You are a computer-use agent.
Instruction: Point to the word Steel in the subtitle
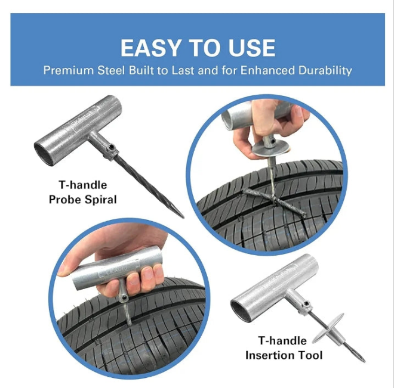[111, 70]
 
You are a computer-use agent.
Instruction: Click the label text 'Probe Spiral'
[82, 200]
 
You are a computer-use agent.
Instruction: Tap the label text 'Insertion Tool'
[284, 355]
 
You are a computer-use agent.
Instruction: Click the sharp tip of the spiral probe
[183, 217]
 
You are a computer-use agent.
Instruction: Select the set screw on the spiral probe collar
[111, 147]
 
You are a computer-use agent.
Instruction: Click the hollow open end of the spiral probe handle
[45, 154]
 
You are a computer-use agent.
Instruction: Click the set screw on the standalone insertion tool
[307, 304]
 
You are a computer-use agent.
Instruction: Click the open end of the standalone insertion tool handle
[241, 312]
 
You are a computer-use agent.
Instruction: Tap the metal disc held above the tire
[270, 148]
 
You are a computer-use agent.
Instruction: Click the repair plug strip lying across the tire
[274, 203]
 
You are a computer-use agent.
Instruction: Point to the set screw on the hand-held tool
[124, 297]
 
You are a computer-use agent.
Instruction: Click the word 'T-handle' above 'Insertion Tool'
[282, 341]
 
